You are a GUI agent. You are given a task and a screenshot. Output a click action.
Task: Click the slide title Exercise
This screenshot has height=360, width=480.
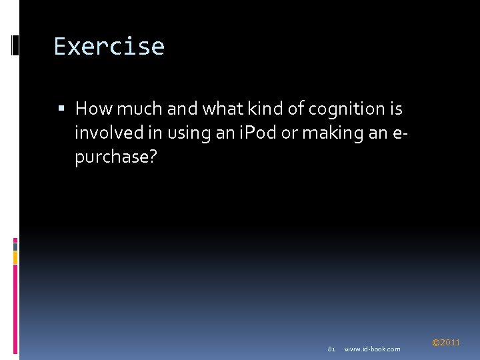coord(109,47)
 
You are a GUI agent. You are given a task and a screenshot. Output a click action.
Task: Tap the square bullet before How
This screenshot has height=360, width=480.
coord(63,109)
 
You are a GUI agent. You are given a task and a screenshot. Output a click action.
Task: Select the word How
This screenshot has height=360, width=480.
coord(94,108)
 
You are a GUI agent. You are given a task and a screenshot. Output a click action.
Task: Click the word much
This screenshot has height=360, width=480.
coord(138,108)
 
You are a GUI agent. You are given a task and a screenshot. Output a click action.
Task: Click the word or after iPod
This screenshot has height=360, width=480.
coord(289,133)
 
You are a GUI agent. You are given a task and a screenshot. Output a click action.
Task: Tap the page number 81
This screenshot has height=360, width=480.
coord(331,349)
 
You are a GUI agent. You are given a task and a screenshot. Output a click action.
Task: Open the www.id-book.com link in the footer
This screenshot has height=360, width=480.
coord(372,349)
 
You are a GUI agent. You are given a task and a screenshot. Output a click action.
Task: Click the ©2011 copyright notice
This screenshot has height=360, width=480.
coord(446,343)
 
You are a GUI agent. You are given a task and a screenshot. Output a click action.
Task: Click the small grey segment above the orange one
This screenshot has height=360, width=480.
coord(15,245)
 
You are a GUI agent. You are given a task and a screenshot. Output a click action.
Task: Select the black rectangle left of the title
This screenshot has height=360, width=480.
coord(15,45)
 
